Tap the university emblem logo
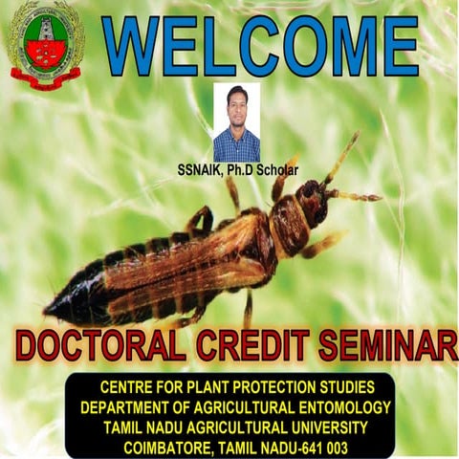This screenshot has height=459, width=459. click(x=46, y=44)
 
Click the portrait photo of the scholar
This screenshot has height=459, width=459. click(x=236, y=122)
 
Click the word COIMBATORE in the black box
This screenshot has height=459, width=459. click(x=158, y=447)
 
